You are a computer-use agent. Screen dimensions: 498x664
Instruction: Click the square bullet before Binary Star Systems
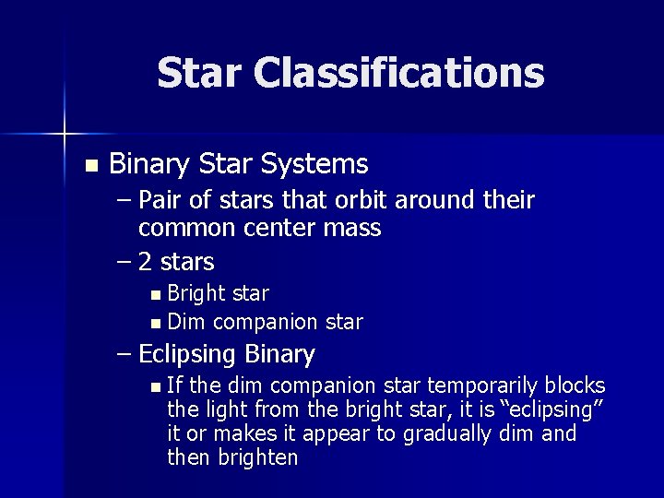89,166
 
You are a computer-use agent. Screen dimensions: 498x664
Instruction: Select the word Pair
161,200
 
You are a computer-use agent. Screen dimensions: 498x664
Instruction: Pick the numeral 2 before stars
146,262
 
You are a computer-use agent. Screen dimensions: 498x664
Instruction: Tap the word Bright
199,294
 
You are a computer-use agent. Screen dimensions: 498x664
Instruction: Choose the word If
176,385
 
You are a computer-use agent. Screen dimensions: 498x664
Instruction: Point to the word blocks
575,385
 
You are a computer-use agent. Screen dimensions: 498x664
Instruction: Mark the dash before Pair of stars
125,201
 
